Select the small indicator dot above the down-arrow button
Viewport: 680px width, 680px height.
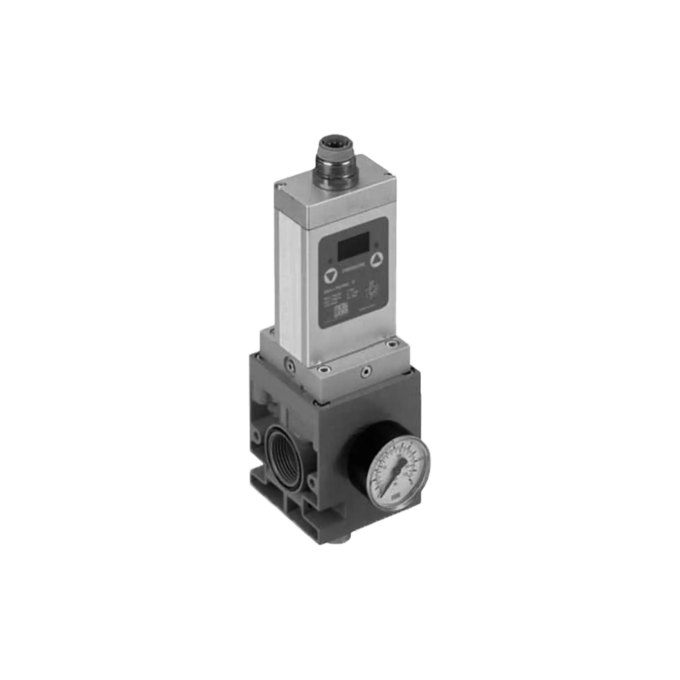330,262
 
